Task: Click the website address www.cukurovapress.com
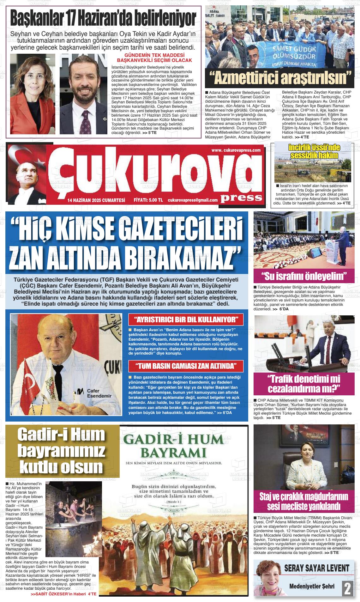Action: [235, 150]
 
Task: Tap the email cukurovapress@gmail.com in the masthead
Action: [193, 200]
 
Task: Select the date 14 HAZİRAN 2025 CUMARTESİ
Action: [96, 200]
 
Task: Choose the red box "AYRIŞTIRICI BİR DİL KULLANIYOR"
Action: [186, 319]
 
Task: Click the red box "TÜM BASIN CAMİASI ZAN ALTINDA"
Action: [186, 366]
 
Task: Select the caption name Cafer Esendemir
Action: [99, 393]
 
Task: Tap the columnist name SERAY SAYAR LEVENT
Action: [317, 568]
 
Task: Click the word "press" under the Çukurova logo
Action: [242, 198]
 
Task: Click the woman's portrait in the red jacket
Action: [33, 94]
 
